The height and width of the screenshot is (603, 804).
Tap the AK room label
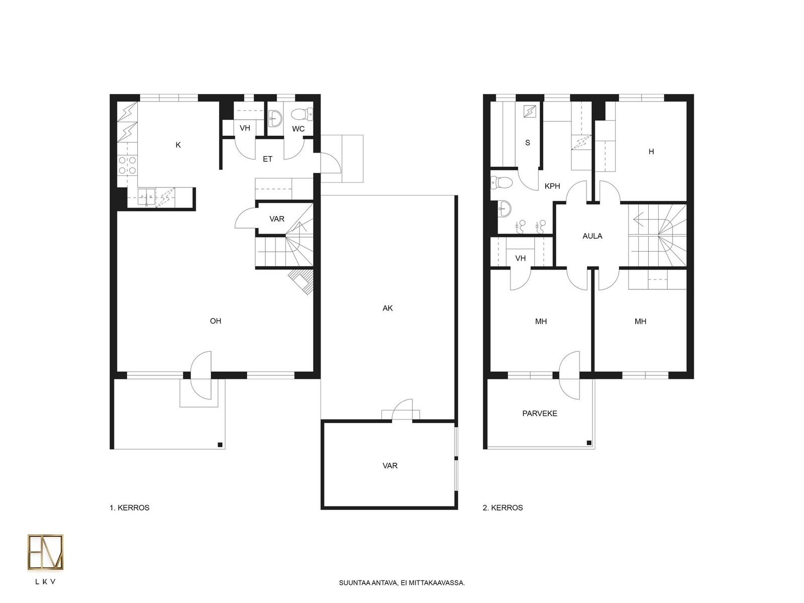click(387, 308)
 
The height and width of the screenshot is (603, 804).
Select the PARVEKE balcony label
click(540, 414)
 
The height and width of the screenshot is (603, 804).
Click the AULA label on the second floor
click(592, 236)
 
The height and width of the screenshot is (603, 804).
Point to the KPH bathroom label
click(552, 186)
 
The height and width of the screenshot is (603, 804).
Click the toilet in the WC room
click(302, 114)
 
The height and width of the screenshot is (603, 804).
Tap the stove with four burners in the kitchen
click(127, 165)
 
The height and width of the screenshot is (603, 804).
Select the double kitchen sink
click(147, 197)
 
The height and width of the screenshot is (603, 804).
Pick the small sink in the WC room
click(275, 118)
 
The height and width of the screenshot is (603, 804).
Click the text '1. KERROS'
click(129, 508)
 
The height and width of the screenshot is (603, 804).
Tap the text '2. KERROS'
click(502, 508)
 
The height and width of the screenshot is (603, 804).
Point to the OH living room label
click(216, 321)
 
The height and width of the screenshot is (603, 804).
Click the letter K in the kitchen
click(178, 145)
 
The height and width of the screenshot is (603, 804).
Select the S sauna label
click(528, 143)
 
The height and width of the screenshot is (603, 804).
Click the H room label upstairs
click(651, 152)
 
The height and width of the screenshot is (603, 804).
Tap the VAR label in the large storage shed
click(390, 466)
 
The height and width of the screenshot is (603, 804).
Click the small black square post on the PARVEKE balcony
click(589, 443)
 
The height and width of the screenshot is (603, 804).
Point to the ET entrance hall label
click(267, 159)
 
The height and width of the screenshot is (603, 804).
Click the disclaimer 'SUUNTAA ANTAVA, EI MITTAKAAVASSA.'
click(402, 583)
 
